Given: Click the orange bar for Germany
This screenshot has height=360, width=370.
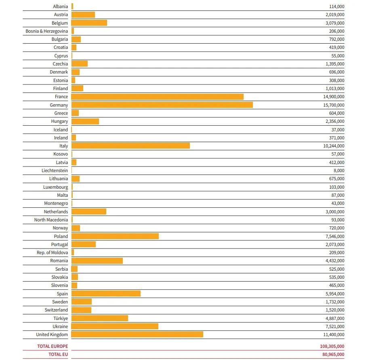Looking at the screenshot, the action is point(162,105).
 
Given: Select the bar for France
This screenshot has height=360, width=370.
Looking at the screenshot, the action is point(158,97).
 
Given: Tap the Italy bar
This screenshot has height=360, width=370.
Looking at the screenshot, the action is point(130,146).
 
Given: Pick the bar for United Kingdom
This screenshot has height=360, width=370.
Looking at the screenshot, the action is point(137,334).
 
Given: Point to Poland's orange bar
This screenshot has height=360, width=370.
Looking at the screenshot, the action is point(115,236).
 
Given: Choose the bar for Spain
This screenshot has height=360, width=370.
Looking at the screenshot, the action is point(106,293).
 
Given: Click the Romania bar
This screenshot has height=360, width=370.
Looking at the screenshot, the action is point(97,261).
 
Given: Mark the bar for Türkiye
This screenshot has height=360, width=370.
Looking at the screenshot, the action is point(100,318).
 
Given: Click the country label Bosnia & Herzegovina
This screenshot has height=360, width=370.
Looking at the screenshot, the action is point(47,31).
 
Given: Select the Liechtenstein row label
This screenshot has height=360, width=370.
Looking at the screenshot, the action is point(55,171).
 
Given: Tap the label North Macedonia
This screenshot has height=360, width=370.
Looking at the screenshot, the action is point(51,220).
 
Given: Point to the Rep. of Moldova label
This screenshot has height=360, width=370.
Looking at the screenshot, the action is point(53,253).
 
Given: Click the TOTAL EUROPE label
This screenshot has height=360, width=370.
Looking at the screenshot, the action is point(53,346).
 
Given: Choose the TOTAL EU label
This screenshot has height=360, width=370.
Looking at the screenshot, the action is point(58,354).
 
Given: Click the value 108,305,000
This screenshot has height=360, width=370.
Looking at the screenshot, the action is point(332,346).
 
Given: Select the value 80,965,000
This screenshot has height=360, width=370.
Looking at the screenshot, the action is point(333,354).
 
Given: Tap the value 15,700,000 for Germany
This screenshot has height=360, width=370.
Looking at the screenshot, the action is point(334,105).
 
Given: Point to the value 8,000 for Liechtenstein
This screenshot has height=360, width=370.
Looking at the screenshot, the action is point(339,171).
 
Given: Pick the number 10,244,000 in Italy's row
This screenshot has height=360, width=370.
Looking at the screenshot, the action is point(334,146).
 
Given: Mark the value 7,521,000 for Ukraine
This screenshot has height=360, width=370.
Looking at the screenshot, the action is point(335,326).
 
